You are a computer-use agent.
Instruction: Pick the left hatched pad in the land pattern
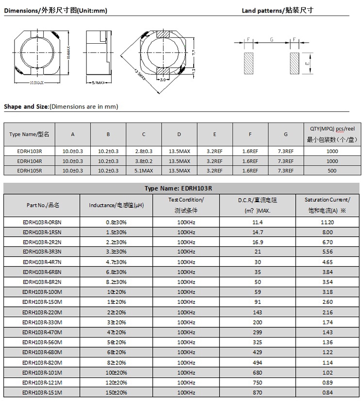coord(248,63)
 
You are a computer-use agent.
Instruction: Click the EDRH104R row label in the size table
coord(30,161)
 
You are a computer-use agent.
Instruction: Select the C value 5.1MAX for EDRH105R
coord(144,171)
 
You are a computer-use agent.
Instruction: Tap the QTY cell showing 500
coord(332,171)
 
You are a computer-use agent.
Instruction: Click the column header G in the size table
coord(286,134)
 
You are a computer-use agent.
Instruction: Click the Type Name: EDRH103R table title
coord(182,188)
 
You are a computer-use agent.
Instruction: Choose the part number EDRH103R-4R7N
coord(42,262)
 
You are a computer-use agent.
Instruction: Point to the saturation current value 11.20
coord(328,222)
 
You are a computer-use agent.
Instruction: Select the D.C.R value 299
coord(258,332)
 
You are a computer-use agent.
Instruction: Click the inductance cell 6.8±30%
coord(116,272)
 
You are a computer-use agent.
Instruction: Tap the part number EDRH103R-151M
coord(42,392)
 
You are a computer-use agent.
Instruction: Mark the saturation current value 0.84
coord(328,392)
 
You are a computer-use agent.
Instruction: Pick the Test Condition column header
coord(186,205)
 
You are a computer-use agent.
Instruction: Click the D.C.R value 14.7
coord(258,232)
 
